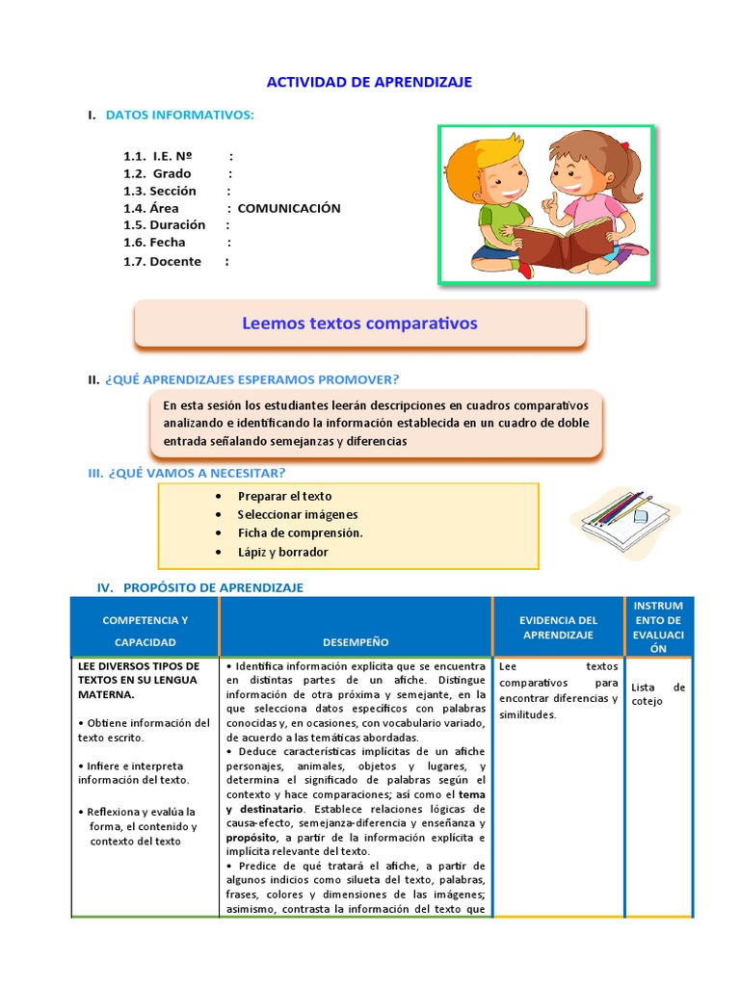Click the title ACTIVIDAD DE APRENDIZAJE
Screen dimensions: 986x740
(x=369, y=82)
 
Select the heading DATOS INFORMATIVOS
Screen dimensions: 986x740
(x=179, y=116)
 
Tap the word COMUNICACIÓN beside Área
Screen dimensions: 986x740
(x=289, y=208)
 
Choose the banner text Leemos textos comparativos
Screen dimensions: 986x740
(x=359, y=324)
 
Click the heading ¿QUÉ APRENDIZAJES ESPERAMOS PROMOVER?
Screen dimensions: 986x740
(x=251, y=379)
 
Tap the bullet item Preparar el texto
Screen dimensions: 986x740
(x=284, y=496)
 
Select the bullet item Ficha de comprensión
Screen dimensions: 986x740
(x=300, y=532)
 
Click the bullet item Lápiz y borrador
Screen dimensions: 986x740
(x=282, y=552)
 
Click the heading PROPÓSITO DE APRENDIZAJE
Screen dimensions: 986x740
(x=213, y=587)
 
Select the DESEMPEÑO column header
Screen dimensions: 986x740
(x=357, y=641)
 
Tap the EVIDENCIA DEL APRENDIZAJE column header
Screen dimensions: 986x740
(x=558, y=628)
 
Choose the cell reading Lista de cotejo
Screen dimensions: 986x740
(x=659, y=693)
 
